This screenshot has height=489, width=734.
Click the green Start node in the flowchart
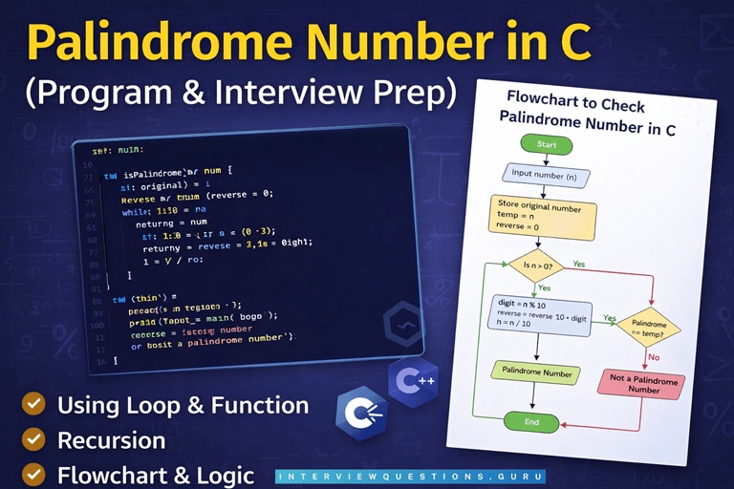[x=546, y=145]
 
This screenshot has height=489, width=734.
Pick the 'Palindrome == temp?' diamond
[x=649, y=330]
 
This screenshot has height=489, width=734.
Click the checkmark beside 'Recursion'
[x=34, y=439]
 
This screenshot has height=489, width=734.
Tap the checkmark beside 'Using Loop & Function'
[x=34, y=404]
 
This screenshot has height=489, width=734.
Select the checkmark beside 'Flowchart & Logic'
[x=34, y=474]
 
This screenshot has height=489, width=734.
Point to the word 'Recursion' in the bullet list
[x=111, y=440]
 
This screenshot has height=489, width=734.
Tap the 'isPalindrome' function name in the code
[x=154, y=169]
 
